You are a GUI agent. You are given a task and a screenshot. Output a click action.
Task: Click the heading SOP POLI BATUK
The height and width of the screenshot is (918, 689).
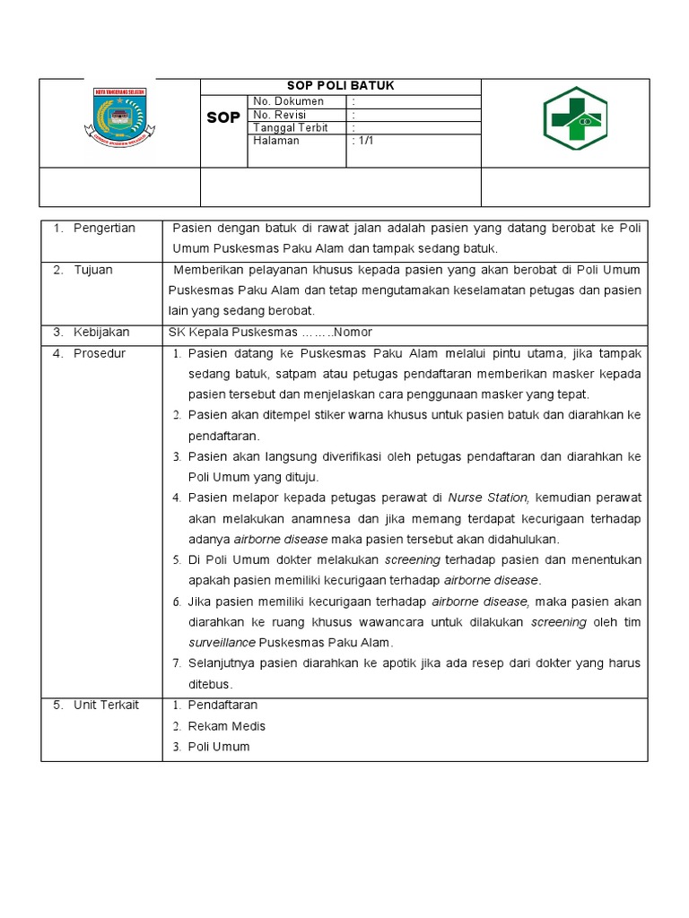[x=340, y=86]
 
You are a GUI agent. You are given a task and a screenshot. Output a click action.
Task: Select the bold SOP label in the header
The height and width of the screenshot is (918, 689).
[x=223, y=118]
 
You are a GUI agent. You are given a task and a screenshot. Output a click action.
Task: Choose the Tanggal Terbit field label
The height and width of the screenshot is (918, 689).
[x=290, y=127]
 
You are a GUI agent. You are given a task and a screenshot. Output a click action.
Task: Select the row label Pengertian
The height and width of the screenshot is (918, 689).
[x=104, y=229]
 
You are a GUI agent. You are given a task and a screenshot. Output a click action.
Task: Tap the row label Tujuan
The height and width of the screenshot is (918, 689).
[x=93, y=270]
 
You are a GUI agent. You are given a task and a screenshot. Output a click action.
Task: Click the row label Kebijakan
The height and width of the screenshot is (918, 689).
[x=100, y=333]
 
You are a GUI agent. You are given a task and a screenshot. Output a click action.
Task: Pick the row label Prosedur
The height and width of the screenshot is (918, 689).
[x=100, y=353]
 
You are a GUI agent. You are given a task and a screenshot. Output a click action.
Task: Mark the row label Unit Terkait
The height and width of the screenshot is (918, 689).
[x=106, y=706]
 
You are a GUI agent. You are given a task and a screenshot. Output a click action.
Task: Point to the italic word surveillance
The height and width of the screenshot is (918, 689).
[x=222, y=643]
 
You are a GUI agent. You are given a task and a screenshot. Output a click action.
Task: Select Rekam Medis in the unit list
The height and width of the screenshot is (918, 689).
[x=226, y=726]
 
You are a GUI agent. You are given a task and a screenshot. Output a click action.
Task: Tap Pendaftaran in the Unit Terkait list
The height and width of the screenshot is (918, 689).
[x=222, y=706]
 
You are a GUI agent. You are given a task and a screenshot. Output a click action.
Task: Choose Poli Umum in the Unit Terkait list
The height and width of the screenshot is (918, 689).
[x=219, y=747]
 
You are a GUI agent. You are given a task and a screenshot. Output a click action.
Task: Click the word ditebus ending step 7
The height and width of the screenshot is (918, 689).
[x=207, y=683]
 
